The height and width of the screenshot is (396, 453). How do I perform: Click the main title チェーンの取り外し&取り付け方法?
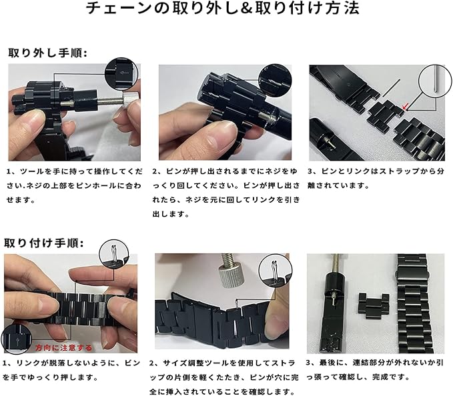pos(223,8)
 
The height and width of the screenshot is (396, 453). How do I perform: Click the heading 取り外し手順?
pos(47,53)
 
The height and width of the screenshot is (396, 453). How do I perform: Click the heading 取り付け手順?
pos(43,243)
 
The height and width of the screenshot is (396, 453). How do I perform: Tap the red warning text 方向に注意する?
pos(63,348)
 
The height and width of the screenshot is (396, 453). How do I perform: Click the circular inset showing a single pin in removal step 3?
pos(435,81)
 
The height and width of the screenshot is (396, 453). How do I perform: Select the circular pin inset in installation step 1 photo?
pos(114,254)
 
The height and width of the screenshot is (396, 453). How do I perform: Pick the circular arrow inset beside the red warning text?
pos(17,339)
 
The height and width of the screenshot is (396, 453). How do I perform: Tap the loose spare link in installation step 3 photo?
pos(374,306)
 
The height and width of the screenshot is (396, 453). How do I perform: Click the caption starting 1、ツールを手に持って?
pos(75,185)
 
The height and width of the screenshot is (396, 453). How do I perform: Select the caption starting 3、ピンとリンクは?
pos(376,178)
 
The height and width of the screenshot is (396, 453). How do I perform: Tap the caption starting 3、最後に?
pos(375,370)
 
